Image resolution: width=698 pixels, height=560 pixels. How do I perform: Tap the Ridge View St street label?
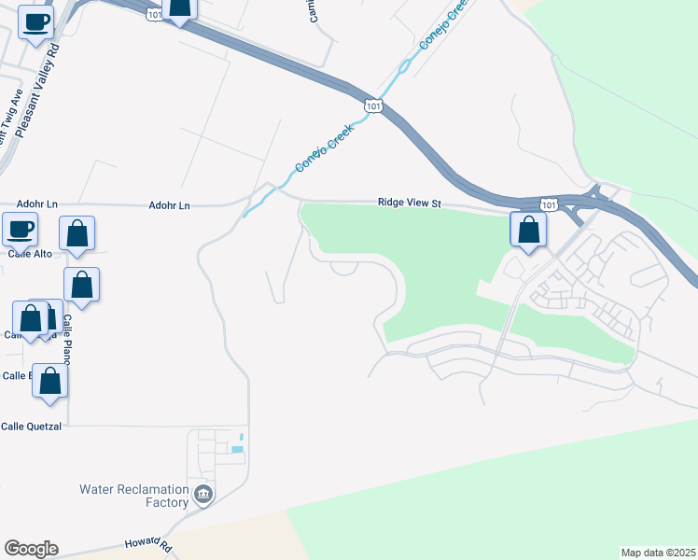click(408, 203)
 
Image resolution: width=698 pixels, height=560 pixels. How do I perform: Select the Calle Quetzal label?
click(31, 427)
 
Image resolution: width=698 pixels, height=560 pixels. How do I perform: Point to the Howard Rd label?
click(149, 544)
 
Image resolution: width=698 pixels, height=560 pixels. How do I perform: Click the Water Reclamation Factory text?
click(133, 496)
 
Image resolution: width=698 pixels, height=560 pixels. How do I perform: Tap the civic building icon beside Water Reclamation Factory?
click(203, 494)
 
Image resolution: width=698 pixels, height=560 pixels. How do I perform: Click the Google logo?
click(31, 549)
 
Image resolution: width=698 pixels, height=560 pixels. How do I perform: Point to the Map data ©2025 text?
click(657, 552)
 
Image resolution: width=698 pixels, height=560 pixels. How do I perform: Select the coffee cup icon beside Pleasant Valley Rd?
click(35, 22)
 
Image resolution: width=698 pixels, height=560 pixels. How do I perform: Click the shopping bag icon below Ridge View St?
click(528, 231)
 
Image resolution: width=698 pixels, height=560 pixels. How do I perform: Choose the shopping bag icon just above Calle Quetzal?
click(50, 382)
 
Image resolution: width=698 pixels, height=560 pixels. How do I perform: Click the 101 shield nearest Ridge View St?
click(549, 204)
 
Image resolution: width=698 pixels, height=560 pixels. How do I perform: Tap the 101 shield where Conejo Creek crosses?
click(373, 105)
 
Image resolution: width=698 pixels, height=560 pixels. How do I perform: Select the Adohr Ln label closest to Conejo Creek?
click(169, 204)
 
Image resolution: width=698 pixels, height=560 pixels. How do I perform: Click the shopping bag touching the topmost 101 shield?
click(179, 8)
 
